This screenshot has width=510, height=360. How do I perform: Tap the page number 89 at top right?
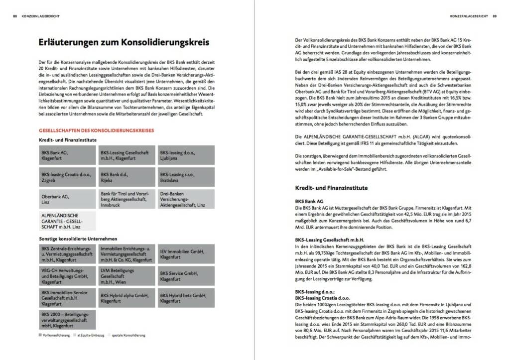pyautogui.click(x=495, y=16)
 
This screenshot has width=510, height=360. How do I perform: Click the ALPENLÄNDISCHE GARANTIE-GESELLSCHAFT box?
pyautogui.click(x=67, y=221)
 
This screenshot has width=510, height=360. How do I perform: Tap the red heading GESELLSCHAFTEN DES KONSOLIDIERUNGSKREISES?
pyautogui.click(x=97, y=131)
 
